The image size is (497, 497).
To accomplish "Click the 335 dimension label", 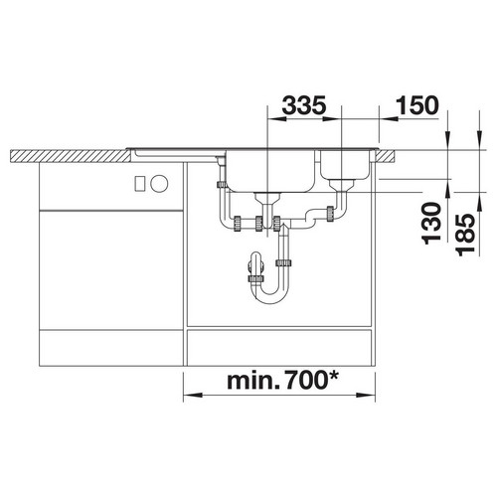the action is coord(304,105).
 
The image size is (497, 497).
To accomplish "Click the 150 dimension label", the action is coord(417,105).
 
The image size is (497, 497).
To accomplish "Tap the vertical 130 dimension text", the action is coord(432,224).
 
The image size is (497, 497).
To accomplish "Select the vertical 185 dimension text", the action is coord(466,235).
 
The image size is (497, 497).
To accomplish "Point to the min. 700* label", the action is coord(283,381).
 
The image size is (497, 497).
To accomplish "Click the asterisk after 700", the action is coord(333,377).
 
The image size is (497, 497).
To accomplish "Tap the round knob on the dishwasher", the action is coord(159,184).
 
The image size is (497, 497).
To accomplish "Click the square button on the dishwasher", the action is coord(140,183).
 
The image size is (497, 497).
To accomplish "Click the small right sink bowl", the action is coord(345,165).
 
